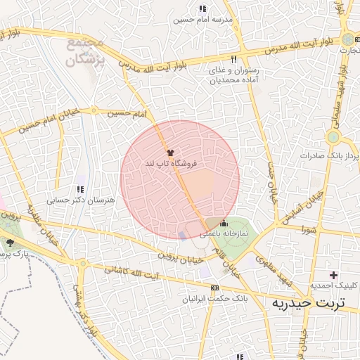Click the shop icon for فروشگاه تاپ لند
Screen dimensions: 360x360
[x=169, y=152]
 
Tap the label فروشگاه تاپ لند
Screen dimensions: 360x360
[x=171, y=163]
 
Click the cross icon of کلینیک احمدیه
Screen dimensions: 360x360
[x=333, y=274]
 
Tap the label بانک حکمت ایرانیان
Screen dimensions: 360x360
[x=214, y=299]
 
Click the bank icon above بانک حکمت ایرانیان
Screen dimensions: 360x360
[x=214, y=288]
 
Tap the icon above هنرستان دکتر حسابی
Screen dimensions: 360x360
[x=80, y=189]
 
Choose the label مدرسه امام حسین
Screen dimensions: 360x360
[x=202, y=20]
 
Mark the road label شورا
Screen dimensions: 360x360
[x=310, y=229]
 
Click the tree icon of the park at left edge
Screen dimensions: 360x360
[x=11, y=243]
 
